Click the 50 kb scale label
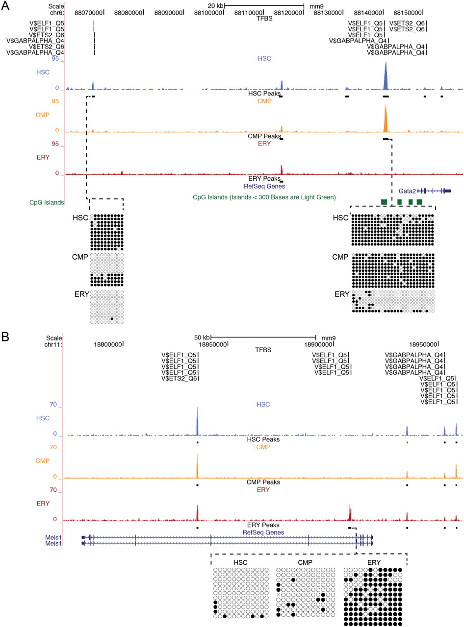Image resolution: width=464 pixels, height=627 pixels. click(x=201, y=337)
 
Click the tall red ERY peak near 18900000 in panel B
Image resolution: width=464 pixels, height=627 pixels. click(x=350, y=512)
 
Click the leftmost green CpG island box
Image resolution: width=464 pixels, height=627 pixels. click(x=385, y=202)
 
